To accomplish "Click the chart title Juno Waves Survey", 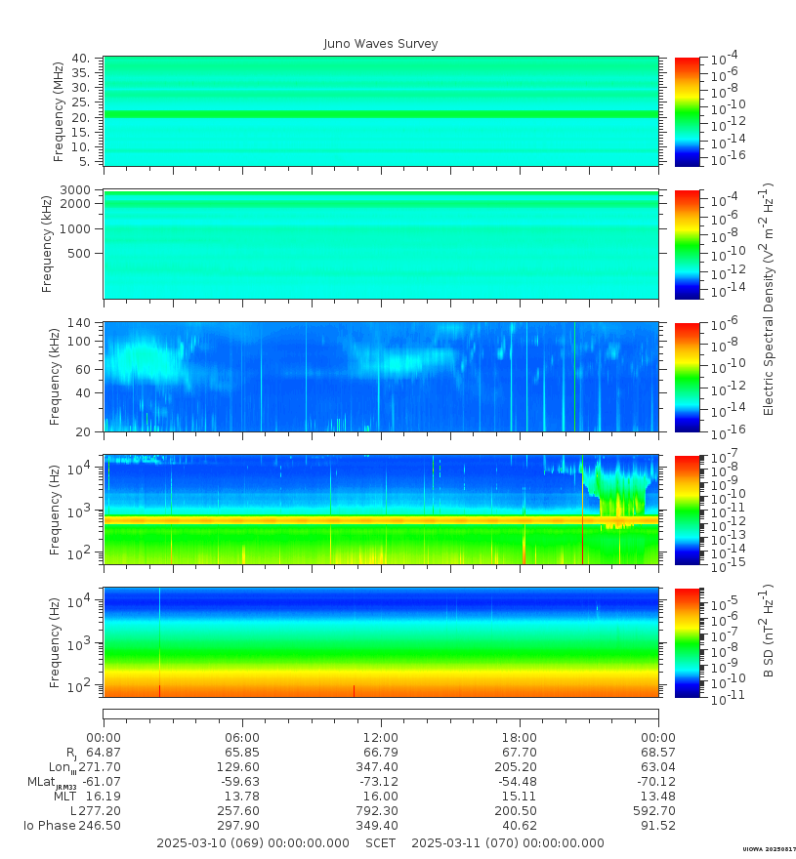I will click(x=381, y=44).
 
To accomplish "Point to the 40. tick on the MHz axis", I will click(x=81, y=59).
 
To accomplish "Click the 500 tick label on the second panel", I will click(x=80, y=253).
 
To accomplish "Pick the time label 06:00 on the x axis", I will click(x=242, y=737).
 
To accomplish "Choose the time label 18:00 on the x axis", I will click(x=520, y=737).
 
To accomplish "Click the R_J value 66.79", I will click(x=381, y=753).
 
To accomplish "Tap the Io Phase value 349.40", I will click(x=381, y=826).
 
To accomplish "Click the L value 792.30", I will click(x=381, y=811).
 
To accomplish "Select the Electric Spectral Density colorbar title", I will click(x=769, y=299).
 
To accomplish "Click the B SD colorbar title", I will click(x=769, y=633).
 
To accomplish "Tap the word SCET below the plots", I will click(x=380, y=842).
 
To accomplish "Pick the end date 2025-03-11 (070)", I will click(x=508, y=842).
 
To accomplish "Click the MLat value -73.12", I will click(x=381, y=782).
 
